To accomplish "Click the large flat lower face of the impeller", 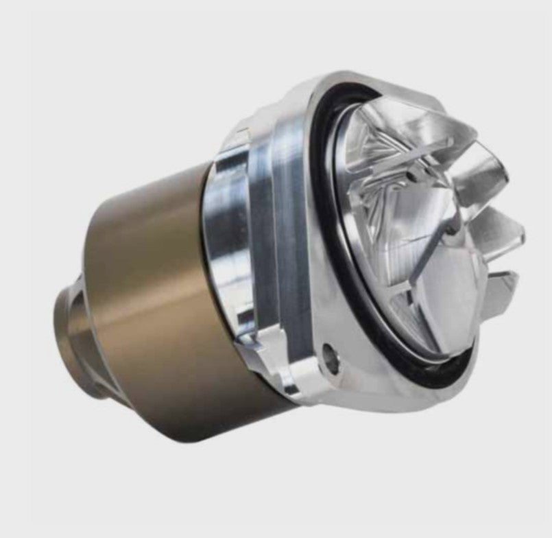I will pyautogui.click(x=439, y=302).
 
